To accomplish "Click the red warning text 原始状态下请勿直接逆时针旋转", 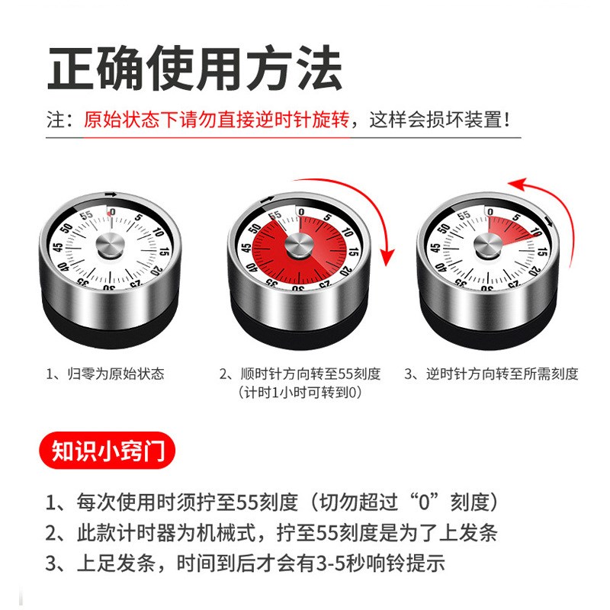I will (216, 120).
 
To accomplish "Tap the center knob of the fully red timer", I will (297, 246).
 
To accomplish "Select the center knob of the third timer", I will (486, 245).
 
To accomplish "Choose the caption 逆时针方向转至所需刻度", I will (491, 374).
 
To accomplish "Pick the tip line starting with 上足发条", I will (245, 564).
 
